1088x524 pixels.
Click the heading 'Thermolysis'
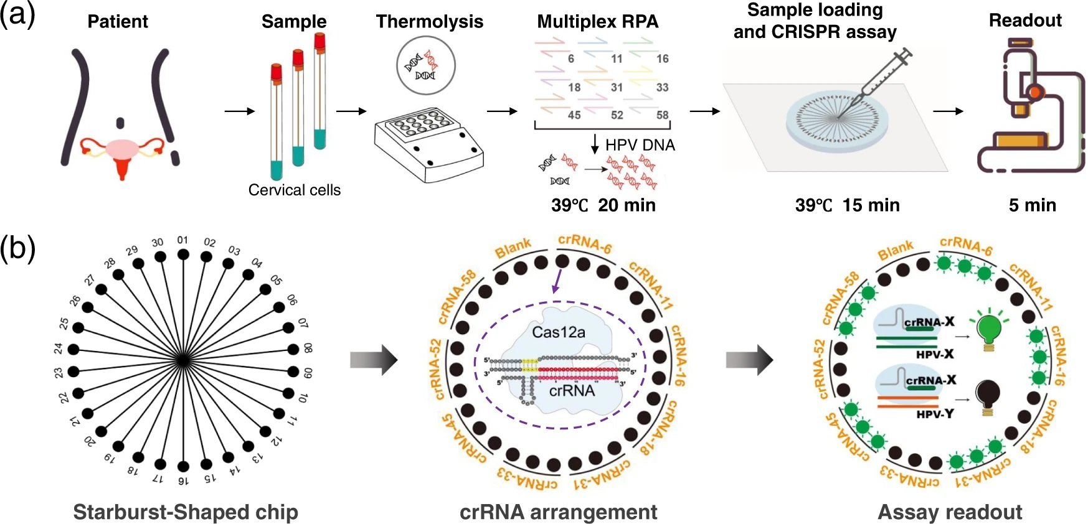429,22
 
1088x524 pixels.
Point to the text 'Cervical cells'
294,190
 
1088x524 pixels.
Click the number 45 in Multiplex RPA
574,115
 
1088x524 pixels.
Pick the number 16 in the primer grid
662,58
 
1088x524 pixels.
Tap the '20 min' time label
627,205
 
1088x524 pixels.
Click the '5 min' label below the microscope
1032,205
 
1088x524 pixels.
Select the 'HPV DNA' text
640,146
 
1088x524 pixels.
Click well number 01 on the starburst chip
182,254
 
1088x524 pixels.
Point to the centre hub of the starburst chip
182,360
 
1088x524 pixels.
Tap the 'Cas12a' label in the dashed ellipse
558,332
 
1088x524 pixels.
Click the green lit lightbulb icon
988,330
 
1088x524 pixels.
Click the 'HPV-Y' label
934,414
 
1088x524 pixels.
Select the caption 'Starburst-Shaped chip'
186,512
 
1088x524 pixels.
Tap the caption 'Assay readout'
949,512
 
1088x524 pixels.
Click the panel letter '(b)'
17,248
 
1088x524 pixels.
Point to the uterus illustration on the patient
122,152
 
